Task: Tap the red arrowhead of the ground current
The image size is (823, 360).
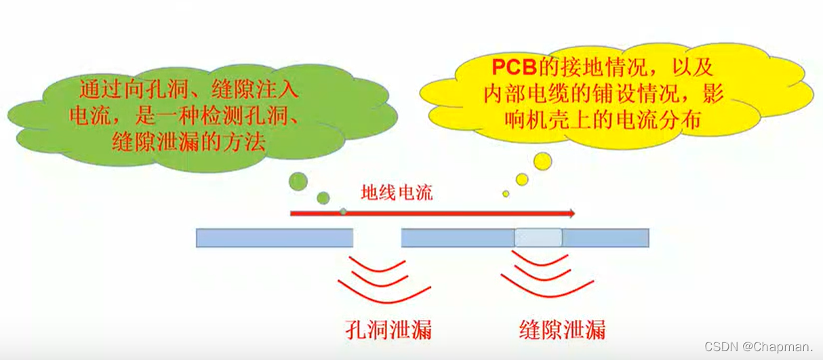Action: point(571,214)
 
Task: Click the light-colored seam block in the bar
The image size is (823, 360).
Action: point(538,237)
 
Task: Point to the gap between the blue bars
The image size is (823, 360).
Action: point(377,237)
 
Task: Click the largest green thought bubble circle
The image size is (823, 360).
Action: point(298,181)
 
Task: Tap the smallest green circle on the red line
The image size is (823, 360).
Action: point(343,212)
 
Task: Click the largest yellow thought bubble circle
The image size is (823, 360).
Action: point(542,161)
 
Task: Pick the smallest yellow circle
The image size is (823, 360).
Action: point(506,194)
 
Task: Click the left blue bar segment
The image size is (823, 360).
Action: point(275,237)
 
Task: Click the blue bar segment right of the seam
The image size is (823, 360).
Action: point(605,237)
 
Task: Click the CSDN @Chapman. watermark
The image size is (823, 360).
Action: point(759,346)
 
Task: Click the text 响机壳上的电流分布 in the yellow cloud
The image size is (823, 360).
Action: point(603,120)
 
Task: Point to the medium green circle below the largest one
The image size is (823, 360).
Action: point(323,198)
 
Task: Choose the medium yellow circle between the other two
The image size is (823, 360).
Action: point(521,180)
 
